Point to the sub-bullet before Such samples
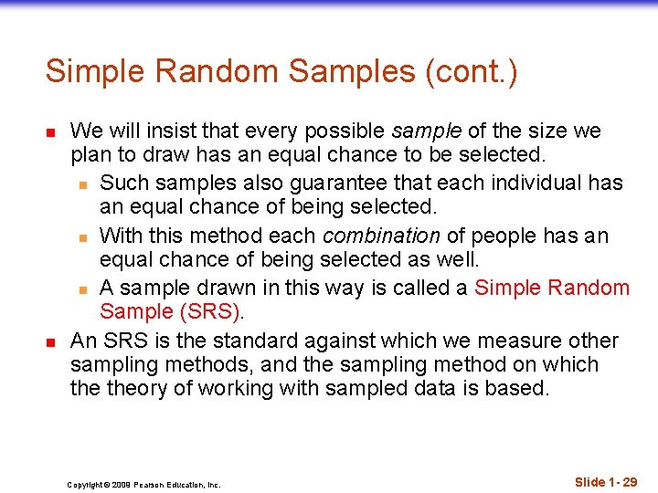tap(82, 184)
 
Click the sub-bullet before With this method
tap(82, 236)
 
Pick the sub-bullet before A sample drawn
tap(82, 288)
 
